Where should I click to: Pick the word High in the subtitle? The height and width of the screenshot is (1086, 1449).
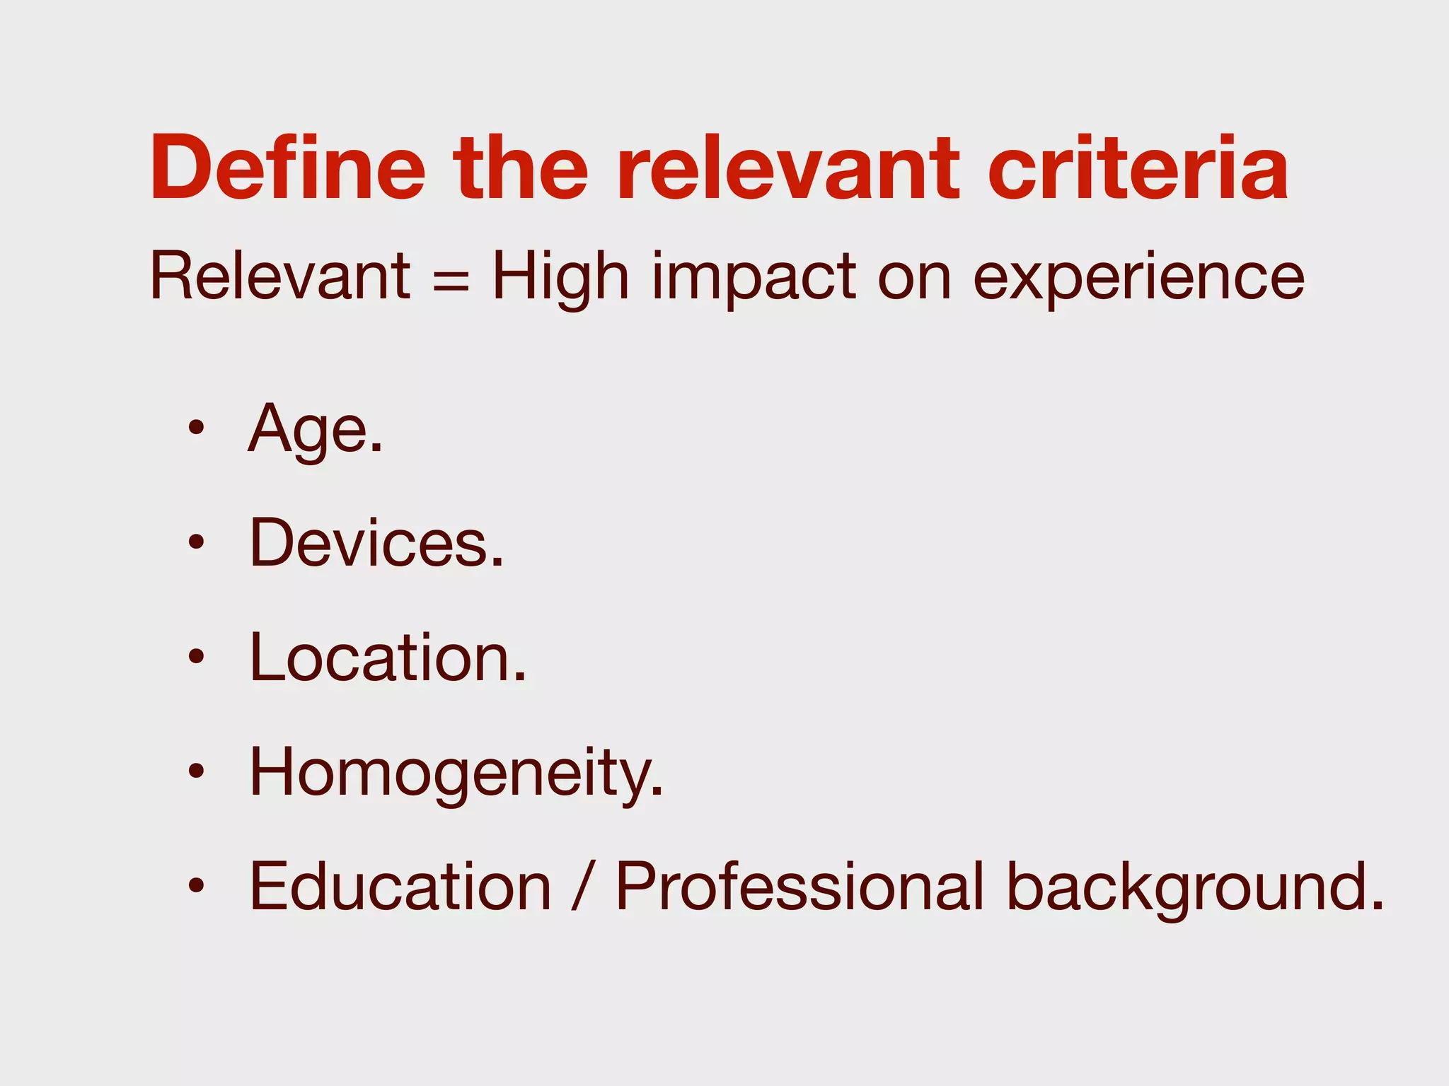click(x=560, y=277)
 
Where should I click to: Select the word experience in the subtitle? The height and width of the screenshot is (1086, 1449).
click(x=1138, y=279)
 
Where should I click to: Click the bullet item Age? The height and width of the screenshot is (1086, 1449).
click(x=316, y=429)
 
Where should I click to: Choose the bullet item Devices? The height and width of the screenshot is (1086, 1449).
click(x=376, y=543)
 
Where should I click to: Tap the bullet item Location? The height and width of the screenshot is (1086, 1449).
click(x=388, y=658)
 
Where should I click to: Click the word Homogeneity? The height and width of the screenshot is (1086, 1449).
click(x=456, y=773)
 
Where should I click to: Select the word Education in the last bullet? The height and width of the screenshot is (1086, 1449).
click(x=400, y=887)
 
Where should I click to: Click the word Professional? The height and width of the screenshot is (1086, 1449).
click(x=799, y=887)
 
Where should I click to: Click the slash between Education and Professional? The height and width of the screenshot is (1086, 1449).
click(x=582, y=887)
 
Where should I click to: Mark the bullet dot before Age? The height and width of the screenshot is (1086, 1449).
click(x=196, y=428)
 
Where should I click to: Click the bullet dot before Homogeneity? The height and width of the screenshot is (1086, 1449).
click(x=196, y=771)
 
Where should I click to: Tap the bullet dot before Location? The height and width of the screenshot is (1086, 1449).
click(x=196, y=656)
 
